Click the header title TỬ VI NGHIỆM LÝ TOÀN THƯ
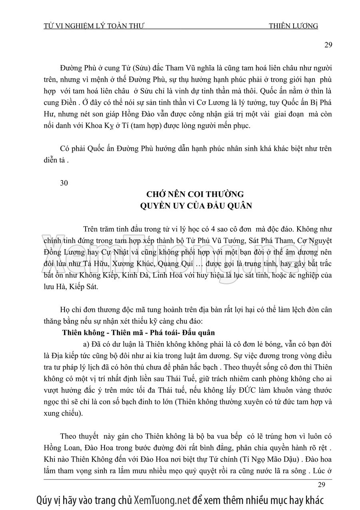tap(93, 26)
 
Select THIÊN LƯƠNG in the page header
tap(294, 26)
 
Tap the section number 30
tap(64, 183)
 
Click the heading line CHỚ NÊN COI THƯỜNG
tap(195, 195)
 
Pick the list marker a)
tap(86, 345)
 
